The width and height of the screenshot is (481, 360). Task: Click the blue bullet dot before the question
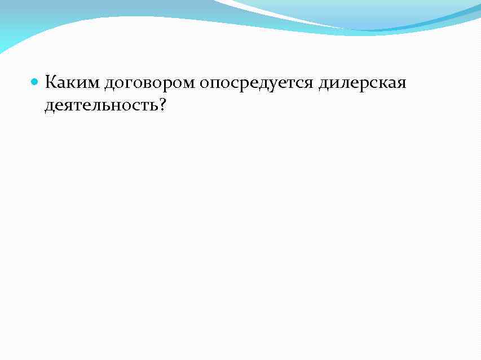coord(34,82)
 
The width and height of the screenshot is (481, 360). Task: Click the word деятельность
coord(102,105)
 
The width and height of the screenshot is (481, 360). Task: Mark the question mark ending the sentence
coord(163,104)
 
